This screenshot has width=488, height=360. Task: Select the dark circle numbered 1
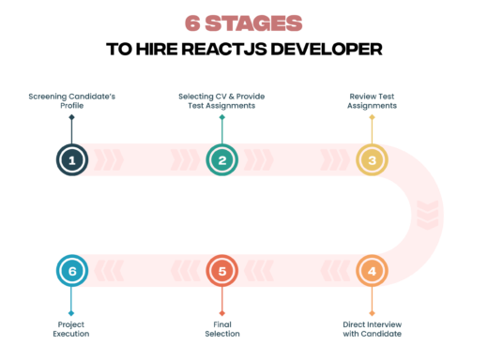pyautogui.click(x=71, y=159)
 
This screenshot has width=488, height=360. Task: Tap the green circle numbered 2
pyautogui.click(x=222, y=159)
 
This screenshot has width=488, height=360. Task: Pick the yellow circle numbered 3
pyautogui.click(x=372, y=159)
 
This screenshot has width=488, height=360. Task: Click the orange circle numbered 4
pyautogui.click(x=372, y=271)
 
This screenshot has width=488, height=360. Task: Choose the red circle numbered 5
pyautogui.click(x=222, y=271)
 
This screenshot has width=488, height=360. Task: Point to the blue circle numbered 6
pyautogui.click(x=71, y=271)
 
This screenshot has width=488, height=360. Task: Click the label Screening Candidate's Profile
pyautogui.click(x=71, y=100)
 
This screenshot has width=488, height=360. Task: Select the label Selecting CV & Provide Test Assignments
pyautogui.click(x=222, y=100)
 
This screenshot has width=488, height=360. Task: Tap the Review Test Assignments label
pyautogui.click(x=372, y=100)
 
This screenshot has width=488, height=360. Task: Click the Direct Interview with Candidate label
pyautogui.click(x=372, y=328)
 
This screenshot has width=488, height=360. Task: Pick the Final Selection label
pyautogui.click(x=222, y=328)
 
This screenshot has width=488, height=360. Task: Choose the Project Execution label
pyautogui.click(x=71, y=328)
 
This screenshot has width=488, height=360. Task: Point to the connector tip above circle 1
pyautogui.click(x=71, y=117)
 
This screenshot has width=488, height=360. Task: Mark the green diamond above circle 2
pyautogui.click(x=222, y=117)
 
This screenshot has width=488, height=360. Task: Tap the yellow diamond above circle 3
pyautogui.click(x=372, y=117)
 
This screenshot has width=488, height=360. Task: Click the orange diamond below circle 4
pyautogui.click(x=372, y=313)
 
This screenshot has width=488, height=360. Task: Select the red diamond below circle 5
pyautogui.click(x=222, y=313)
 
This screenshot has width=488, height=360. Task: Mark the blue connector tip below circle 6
pyautogui.click(x=71, y=313)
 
